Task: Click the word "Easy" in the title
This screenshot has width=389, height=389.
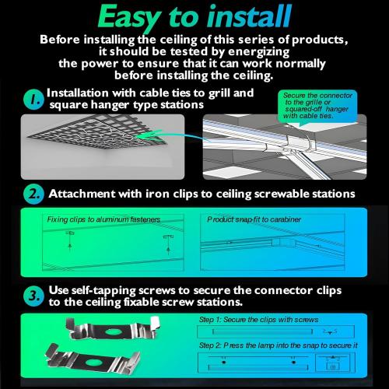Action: click(129, 18)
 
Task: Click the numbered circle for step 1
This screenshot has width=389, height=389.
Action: click(33, 100)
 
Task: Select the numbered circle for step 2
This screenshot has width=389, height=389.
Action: click(33, 194)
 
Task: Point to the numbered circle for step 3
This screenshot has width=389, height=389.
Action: click(33, 296)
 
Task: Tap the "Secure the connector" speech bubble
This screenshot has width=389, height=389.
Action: click(317, 106)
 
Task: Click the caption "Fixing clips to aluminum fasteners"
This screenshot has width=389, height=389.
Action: click(103, 219)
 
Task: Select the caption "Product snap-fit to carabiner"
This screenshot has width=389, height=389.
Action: click(254, 219)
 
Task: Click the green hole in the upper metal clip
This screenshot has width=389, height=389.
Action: click(114, 331)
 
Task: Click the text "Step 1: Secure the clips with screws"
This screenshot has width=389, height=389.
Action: click(258, 320)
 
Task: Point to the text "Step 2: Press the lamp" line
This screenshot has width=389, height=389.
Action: click(279, 345)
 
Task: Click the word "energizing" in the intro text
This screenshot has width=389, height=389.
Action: click(258, 52)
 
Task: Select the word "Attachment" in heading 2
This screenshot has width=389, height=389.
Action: click(82, 194)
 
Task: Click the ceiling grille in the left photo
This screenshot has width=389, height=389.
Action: click(100, 131)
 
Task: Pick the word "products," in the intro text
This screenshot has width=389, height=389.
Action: click(320, 40)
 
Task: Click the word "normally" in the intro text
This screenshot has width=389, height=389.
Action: click(300, 64)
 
